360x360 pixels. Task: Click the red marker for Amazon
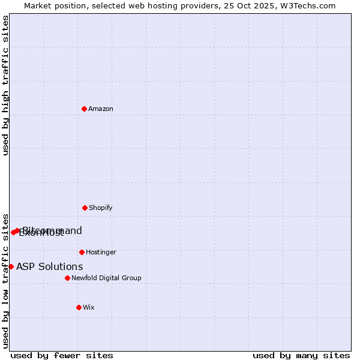84,109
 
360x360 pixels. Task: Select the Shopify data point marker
85,208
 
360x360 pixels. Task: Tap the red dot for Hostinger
82,252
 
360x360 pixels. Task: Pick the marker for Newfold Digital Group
67,278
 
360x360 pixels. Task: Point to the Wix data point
79,307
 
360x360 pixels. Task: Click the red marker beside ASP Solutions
11,266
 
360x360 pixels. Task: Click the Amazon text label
101,109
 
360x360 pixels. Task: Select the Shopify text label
101,208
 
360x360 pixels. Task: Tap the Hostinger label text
101,252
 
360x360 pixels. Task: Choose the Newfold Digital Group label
106,278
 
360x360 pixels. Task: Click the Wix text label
89,307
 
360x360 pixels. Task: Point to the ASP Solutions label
50,266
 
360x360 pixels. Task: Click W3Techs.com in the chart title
308,5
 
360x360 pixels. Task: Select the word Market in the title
38,5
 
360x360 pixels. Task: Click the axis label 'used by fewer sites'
62,355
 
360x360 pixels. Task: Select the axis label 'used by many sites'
301,355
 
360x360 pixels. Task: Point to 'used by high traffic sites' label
5,85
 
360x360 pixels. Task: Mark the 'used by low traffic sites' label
5,280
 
